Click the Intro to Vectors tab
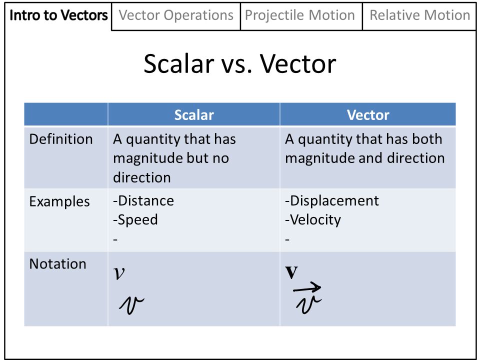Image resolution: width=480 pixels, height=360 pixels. (x=58, y=15)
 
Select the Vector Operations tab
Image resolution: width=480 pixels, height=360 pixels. (x=176, y=15)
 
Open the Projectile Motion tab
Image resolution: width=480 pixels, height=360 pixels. (x=300, y=15)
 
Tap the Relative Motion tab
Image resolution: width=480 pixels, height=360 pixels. (x=419, y=15)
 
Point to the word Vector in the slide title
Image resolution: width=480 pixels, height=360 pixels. (x=298, y=64)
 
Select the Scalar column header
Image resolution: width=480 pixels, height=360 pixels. (x=194, y=115)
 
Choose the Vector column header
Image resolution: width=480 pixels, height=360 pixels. (x=368, y=115)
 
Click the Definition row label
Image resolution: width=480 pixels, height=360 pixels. (x=61, y=139)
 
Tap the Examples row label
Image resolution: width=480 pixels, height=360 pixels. (x=59, y=201)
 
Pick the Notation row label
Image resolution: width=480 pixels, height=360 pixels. (x=57, y=263)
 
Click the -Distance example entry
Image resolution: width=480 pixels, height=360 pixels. (x=143, y=201)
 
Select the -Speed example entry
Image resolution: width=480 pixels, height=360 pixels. (x=135, y=220)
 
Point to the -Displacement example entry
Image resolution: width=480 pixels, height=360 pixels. (x=332, y=201)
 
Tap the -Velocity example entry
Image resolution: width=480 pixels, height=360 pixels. (x=313, y=220)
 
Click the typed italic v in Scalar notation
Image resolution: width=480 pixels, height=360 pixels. (x=119, y=273)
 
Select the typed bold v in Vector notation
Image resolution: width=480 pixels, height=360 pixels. (x=291, y=272)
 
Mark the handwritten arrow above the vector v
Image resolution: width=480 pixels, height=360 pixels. (x=307, y=287)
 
